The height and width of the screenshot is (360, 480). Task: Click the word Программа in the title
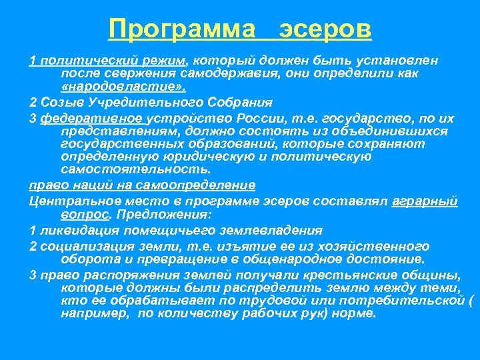pyautogui.click(x=182, y=29)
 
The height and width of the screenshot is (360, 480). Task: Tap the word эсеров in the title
pyautogui.click(x=325, y=29)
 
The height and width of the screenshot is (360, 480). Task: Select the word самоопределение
pyautogui.click(x=201, y=185)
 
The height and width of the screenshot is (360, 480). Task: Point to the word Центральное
pyautogui.click(x=70, y=200)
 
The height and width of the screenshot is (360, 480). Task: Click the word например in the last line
pyautogui.click(x=94, y=313)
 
